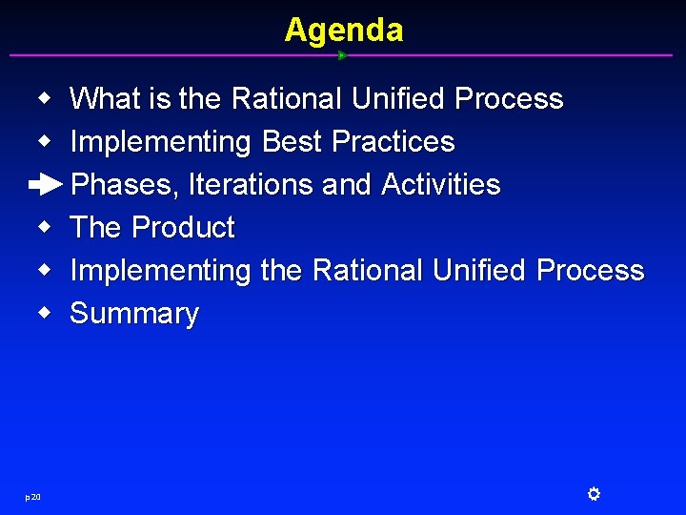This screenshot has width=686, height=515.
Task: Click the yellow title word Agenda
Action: coord(343,31)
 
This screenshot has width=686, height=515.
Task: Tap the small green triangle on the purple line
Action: coord(342,55)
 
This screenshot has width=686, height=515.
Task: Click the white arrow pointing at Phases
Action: coord(45,185)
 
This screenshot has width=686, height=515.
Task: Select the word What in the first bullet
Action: coord(106,99)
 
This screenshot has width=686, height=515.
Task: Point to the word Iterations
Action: coord(252,185)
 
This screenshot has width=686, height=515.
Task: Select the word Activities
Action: coord(440,185)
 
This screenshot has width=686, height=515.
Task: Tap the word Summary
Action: coord(134,314)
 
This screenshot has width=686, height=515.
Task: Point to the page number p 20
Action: coord(32,496)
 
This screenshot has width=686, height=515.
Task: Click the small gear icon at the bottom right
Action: coord(593,494)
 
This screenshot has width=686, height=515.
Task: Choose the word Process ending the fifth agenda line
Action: coord(590,271)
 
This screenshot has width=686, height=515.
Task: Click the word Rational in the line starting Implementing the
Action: coord(368,271)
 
